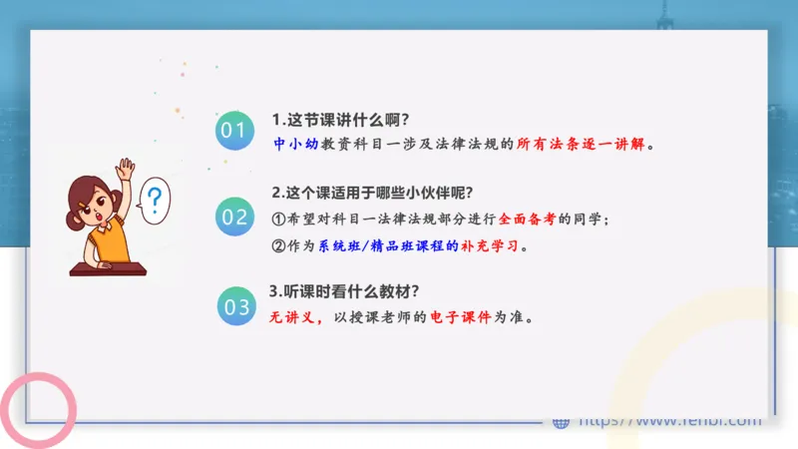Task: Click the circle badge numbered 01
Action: click(x=232, y=131)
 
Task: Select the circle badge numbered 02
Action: click(x=235, y=217)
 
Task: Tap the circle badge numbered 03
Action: click(x=236, y=306)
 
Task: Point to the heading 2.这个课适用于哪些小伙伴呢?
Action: click(x=372, y=193)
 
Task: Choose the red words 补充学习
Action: click(x=493, y=245)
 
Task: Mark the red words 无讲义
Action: click(x=294, y=318)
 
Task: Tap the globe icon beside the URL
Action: click(x=561, y=422)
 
